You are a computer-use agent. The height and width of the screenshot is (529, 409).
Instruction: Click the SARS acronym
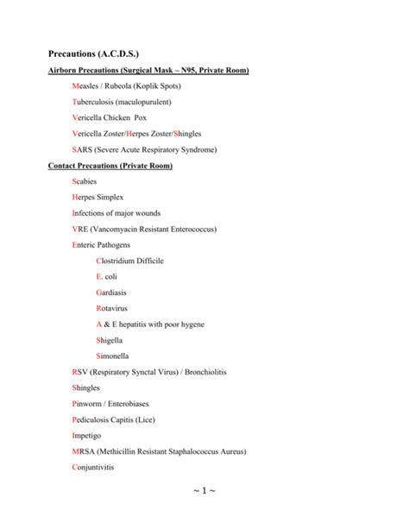(85, 149)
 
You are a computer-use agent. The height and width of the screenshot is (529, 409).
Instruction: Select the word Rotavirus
(115, 308)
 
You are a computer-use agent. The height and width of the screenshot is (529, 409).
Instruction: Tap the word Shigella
(112, 340)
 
